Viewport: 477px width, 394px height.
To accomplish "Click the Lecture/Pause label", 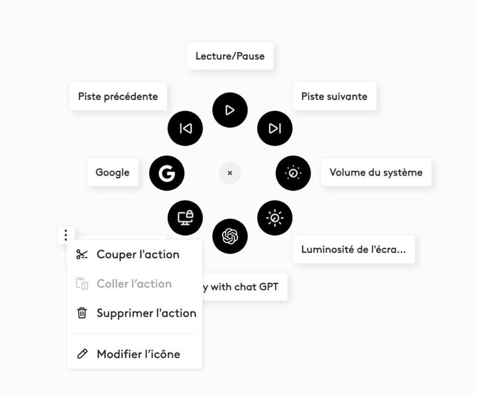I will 230,56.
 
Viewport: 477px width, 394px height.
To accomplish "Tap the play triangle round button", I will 230,110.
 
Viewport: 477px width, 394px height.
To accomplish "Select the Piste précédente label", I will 118,96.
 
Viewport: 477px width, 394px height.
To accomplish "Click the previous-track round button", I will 185,128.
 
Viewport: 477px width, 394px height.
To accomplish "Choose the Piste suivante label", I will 334,96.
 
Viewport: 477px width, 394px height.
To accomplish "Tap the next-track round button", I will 275,128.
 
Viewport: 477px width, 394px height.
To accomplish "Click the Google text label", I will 112,172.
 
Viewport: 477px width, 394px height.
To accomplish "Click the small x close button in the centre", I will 230,173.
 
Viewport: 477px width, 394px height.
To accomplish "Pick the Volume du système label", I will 376,172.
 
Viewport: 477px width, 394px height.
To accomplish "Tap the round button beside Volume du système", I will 293,173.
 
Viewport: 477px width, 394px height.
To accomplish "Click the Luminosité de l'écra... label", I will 353,249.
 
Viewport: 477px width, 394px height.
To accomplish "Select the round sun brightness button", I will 275,218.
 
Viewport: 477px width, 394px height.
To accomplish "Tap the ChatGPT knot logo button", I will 230,236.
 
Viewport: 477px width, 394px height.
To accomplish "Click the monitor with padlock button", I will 185,218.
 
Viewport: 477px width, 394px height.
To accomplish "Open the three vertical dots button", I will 66,235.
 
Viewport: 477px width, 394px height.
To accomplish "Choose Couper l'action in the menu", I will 137,254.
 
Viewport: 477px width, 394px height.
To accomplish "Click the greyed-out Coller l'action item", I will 134,284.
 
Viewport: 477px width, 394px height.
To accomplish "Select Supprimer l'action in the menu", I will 146,313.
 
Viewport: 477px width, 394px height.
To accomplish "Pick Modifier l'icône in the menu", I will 138,354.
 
